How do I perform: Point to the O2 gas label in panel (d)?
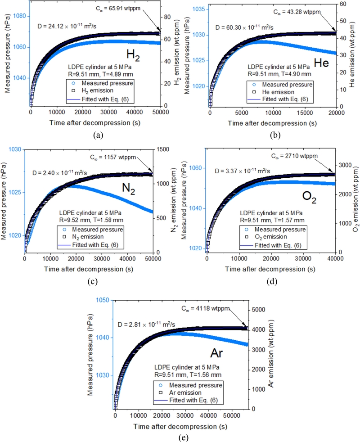310,198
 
